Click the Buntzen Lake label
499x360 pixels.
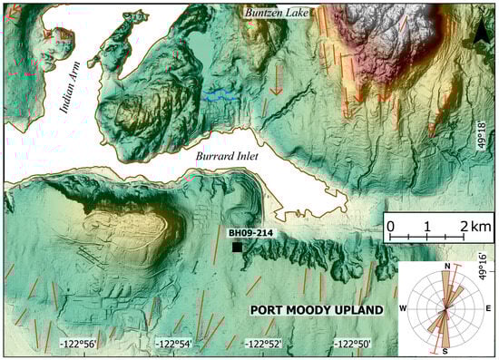[277, 13]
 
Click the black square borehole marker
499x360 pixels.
[237, 248]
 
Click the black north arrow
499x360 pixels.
[480, 34]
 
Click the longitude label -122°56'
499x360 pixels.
[81, 345]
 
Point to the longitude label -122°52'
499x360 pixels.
[263, 345]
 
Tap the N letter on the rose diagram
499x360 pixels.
[447, 266]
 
